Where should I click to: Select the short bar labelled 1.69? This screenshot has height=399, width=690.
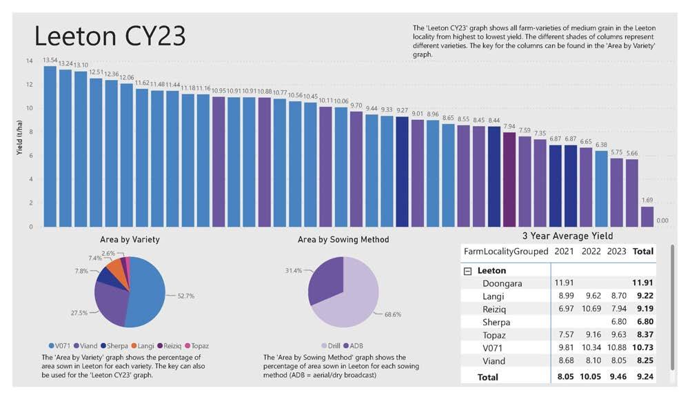pos(647,216)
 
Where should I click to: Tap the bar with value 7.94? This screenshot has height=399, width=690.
pos(509,179)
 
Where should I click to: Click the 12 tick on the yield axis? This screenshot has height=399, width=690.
pos(30,85)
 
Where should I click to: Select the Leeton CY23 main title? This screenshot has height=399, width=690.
pos(110,36)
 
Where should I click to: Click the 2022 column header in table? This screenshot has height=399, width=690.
pos(591,251)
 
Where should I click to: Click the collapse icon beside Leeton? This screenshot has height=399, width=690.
pos(468,271)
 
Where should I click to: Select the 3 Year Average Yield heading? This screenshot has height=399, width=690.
pos(567,236)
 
